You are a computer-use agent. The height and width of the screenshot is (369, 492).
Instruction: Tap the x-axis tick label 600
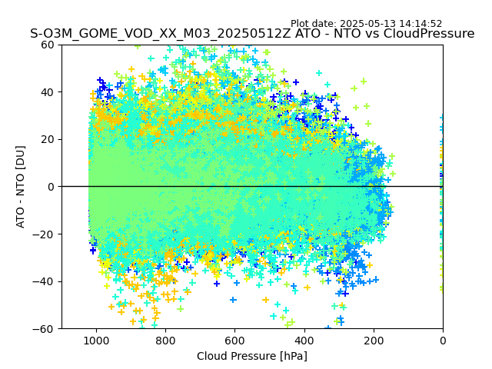point(234,340)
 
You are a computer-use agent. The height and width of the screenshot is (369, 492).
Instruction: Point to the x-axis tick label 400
point(304,340)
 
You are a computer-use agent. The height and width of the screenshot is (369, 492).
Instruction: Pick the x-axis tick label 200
point(374,340)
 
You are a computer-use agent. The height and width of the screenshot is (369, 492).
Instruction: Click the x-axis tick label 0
point(443,340)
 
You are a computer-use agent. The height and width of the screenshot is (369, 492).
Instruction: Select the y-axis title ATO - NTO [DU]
point(22,187)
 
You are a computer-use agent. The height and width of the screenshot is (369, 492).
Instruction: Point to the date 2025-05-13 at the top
point(367,24)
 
